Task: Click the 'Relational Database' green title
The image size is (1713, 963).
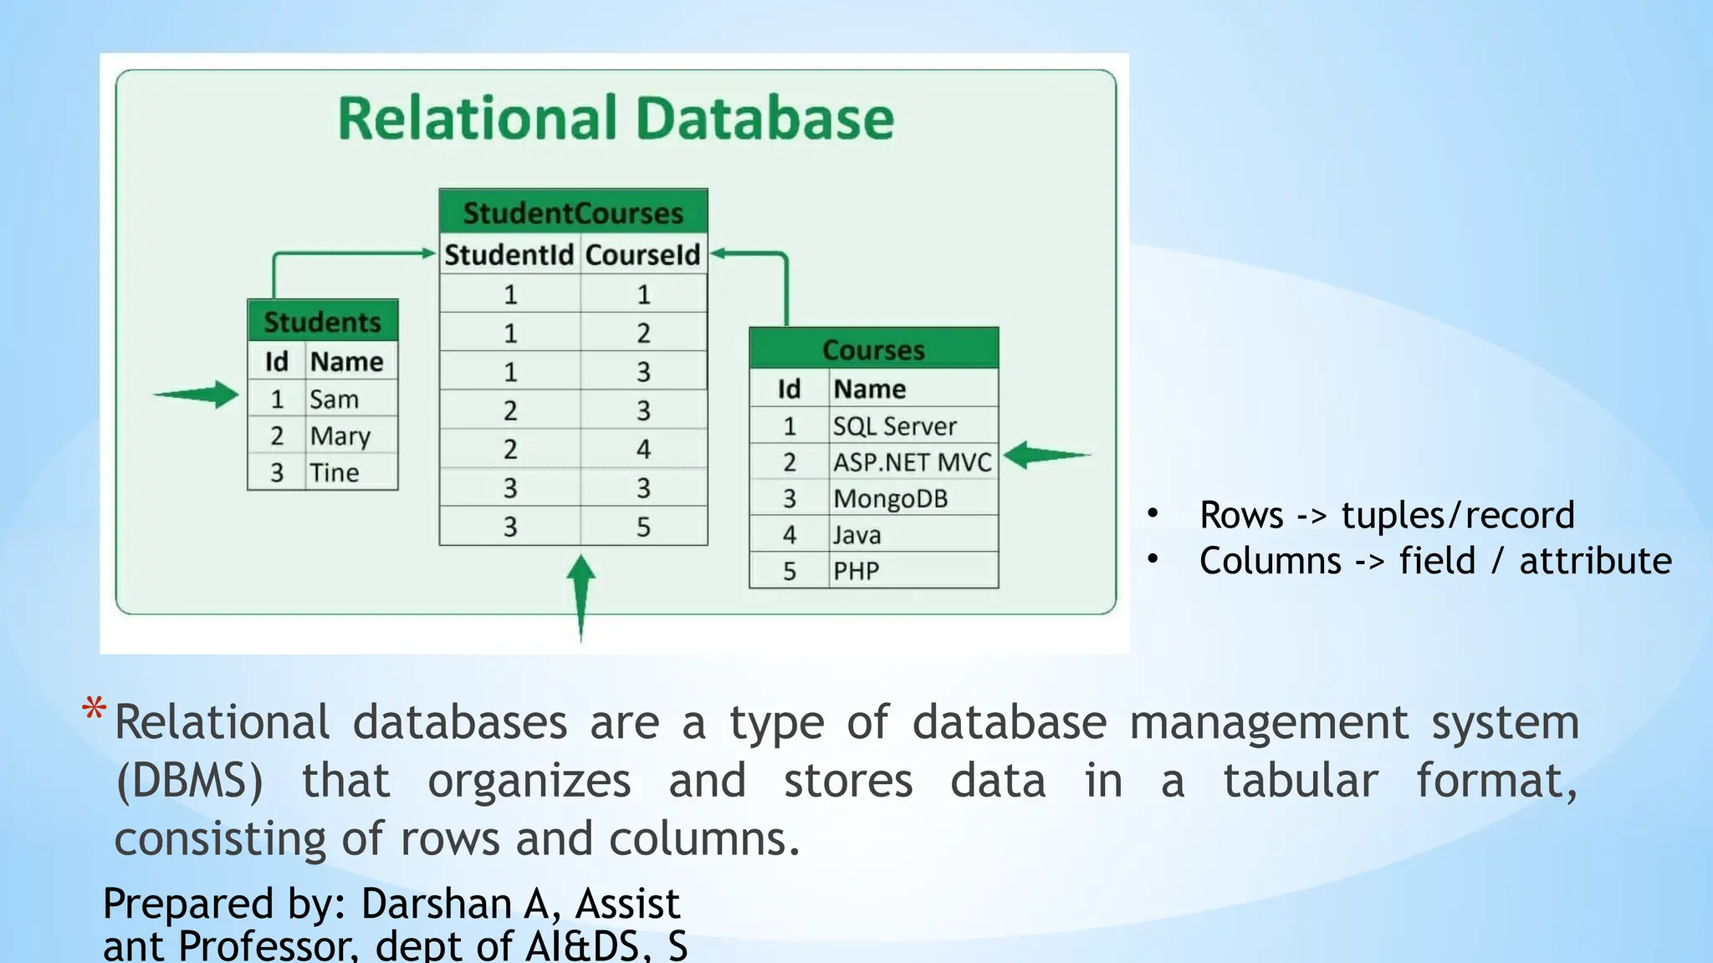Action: coord(616,118)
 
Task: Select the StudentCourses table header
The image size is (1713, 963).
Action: coord(573,212)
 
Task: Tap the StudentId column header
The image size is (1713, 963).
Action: coord(509,254)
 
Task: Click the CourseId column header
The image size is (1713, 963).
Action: coord(642,254)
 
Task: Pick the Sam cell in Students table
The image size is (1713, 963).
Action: coord(335,400)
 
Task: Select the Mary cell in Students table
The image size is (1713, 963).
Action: coord(340,436)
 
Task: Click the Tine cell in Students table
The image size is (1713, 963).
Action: coord(335,472)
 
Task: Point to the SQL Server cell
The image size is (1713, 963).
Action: coord(894,426)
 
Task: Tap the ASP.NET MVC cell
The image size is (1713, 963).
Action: coord(912,462)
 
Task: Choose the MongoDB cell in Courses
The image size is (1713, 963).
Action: coord(890,498)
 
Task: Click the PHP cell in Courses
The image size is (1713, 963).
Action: coord(856,571)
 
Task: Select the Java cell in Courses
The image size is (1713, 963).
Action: coord(856,535)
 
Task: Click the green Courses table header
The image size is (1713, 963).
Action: coord(873,349)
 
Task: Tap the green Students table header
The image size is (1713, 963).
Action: coord(322,322)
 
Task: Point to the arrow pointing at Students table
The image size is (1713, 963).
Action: coord(198,395)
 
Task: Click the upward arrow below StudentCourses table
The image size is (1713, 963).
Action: coord(580,595)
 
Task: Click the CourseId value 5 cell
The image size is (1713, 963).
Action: coord(643,527)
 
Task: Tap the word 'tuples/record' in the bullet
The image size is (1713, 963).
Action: coord(1458,515)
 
